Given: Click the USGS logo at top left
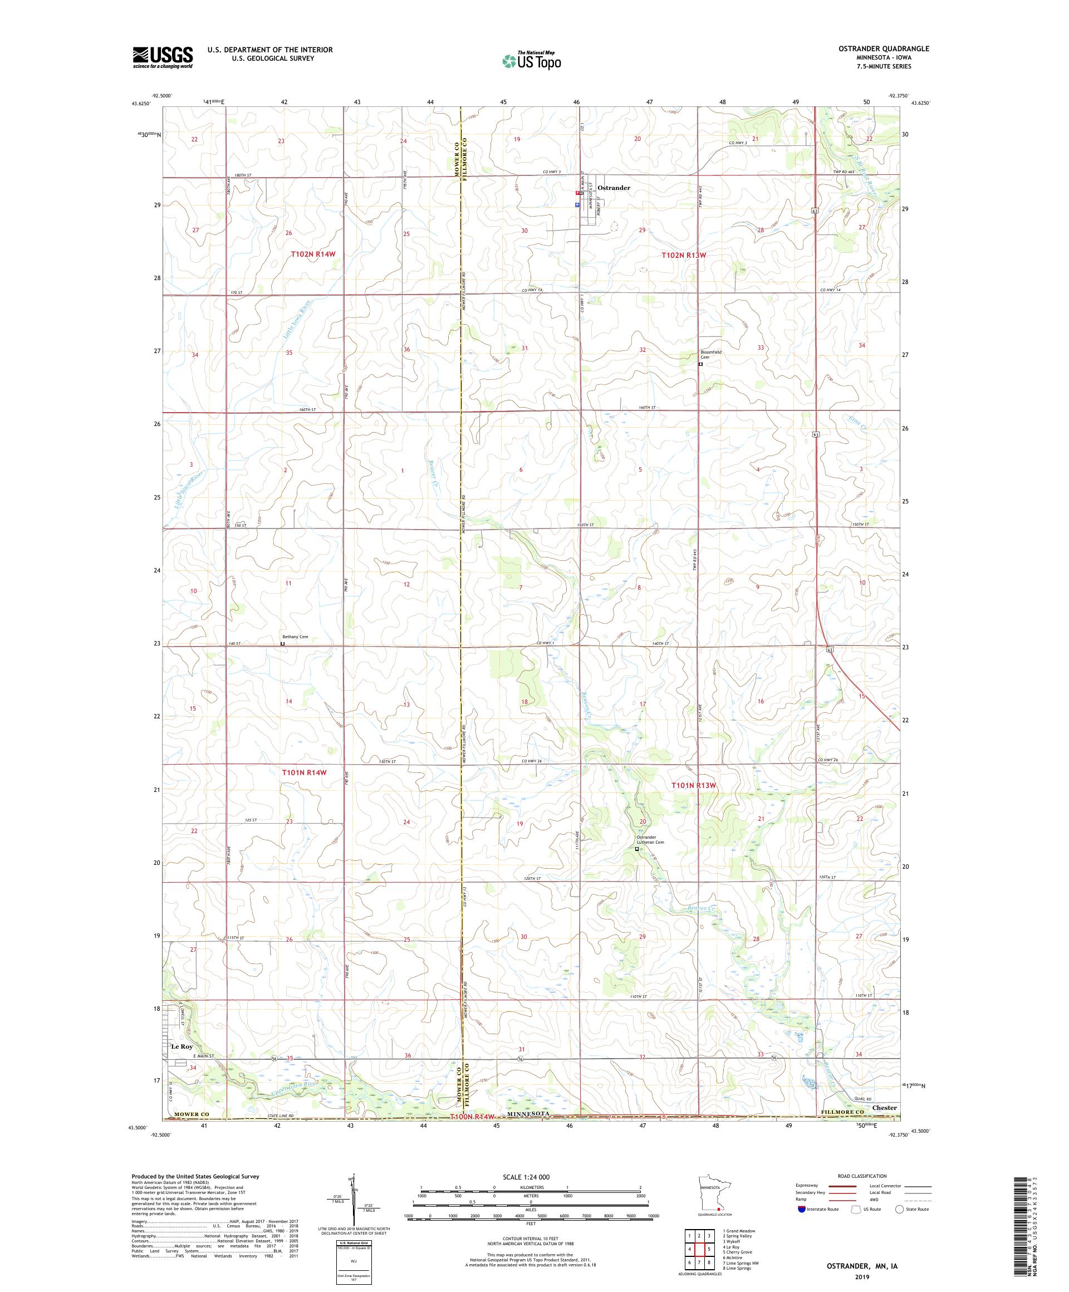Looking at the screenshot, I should pos(163,57).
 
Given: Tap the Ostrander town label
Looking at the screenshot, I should pos(613,188).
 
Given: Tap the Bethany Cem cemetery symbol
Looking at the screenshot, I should pos(282,644).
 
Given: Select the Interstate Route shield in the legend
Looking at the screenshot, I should pos(801,1208).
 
